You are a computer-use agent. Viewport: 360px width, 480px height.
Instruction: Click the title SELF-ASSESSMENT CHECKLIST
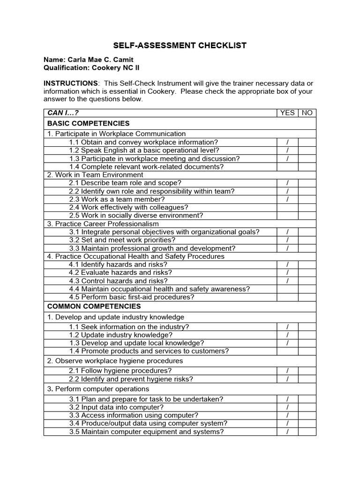coord(180,45)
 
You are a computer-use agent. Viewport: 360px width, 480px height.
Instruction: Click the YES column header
coord(287,113)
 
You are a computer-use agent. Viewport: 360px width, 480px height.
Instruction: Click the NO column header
coord(307,113)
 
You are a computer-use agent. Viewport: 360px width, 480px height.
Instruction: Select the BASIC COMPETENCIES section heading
coord(89,123)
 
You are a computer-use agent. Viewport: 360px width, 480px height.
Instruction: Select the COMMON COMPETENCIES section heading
coord(94,306)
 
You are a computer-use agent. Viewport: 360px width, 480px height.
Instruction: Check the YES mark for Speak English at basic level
coord(287,150)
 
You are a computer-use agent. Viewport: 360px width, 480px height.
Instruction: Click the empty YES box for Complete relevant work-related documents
coord(287,167)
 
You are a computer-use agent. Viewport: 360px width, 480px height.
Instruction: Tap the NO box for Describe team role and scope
coord(307,183)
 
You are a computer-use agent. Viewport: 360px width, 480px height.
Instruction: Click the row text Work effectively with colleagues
coord(128,207)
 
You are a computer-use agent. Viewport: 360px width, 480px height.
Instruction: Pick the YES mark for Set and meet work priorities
coord(287,240)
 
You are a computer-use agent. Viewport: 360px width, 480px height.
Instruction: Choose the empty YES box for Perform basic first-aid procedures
coord(287,297)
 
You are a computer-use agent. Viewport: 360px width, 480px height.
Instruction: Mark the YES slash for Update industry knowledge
coord(287,335)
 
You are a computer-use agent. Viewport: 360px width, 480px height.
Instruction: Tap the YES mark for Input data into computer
coord(287,407)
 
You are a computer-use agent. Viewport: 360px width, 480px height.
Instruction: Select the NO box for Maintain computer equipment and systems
coord(307,432)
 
